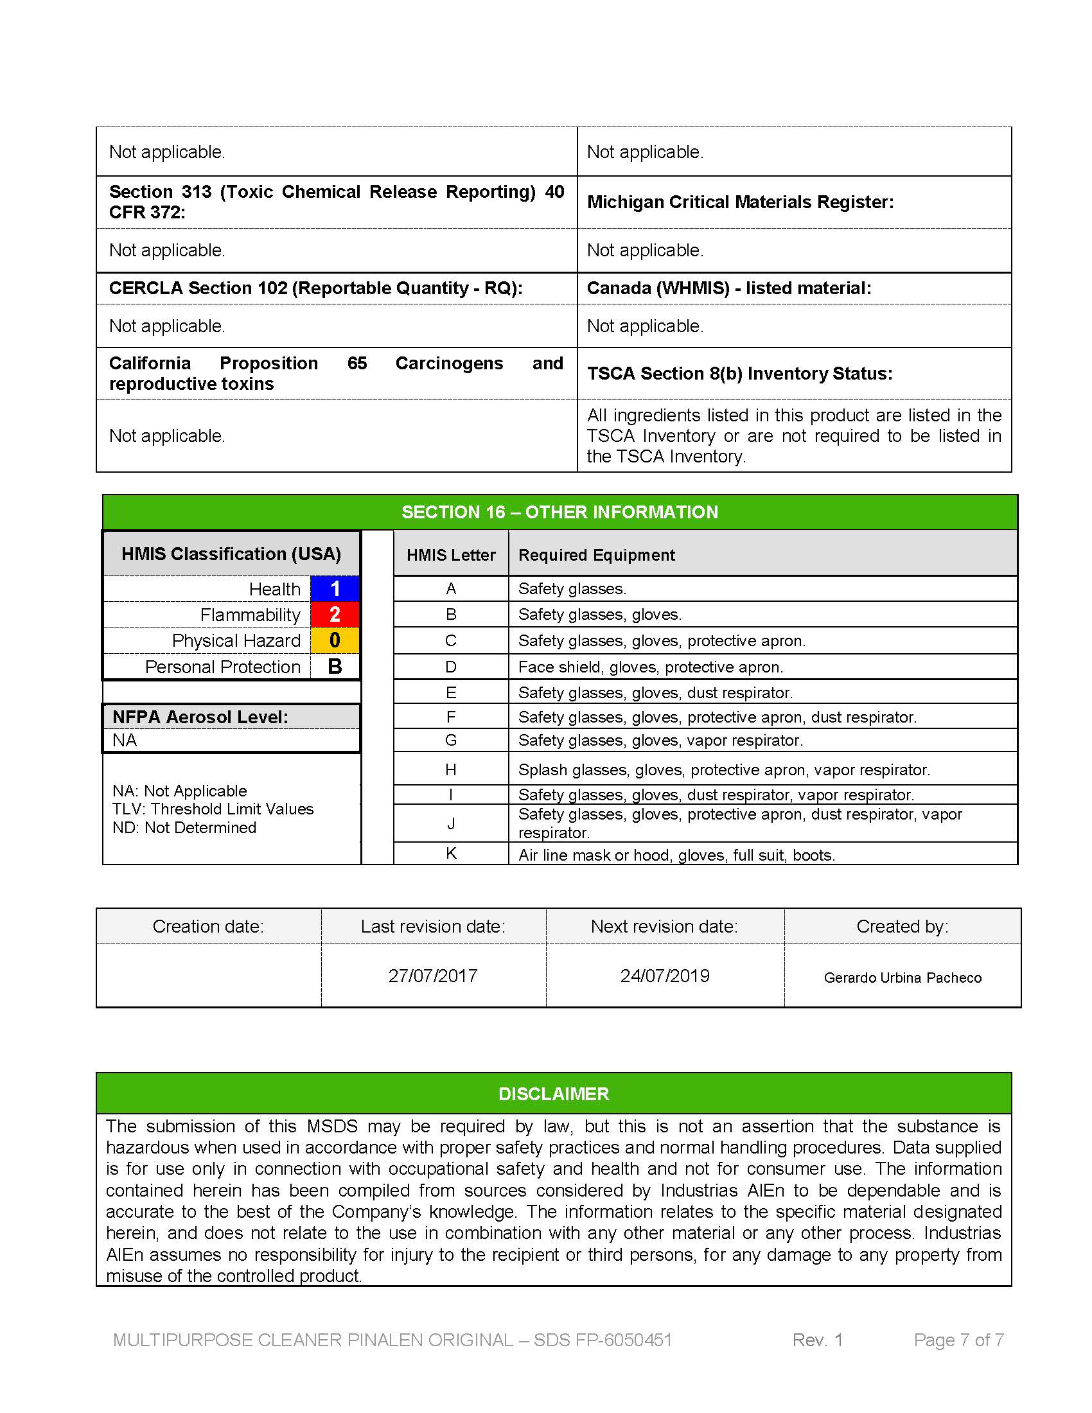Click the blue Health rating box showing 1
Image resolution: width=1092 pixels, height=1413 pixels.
pyautogui.click(x=335, y=589)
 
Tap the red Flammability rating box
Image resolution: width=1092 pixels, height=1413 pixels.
pyautogui.click(x=335, y=615)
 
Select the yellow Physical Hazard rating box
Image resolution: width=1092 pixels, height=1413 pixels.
pyautogui.click(x=335, y=640)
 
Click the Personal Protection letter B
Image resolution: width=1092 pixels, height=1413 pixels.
pyautogui.click(x=335, y=667)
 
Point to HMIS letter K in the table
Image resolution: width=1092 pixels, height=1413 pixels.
pyautogui.click(x=451, y=854)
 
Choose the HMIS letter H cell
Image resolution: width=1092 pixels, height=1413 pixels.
pyautogui.click(x=451, y=769)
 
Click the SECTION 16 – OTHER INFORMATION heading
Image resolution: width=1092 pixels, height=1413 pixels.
pyautogui.click(x=559, y=513)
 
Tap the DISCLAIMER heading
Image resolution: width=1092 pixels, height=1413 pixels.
pyautogui.click(x=554, y=1094)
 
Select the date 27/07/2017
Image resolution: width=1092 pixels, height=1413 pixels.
pyautogui.click(x=433, y=976)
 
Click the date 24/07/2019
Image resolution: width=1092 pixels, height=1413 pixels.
pyautogui.click(x=665, y=976)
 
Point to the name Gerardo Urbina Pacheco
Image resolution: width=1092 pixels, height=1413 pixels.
pyautogui.click(x=903, y=978)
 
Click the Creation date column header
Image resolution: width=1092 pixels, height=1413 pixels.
pyautogui.click(x=208, y=926)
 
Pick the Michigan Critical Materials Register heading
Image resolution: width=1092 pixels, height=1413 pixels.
pyautogui.click(x=740, y=202)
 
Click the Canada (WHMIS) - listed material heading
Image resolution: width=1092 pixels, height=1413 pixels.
pyautogui.click(x=729, y=288)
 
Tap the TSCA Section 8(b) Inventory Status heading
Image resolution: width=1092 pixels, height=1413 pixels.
pyautogui.click(x=739, y=374)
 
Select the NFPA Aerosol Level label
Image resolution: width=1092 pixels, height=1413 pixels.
pyautogui.click(x=200, y=717)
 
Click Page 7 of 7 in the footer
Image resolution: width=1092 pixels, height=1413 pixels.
pyautogui.click(x=959, y=1340)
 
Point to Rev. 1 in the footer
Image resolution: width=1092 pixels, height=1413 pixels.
pyautogui.click(x=818, y=1340)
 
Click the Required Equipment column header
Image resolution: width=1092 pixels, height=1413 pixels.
pyautogui.click(x=597, y=555)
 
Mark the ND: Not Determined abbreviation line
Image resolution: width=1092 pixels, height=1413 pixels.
pyautogui.click(x=184, y=827)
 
